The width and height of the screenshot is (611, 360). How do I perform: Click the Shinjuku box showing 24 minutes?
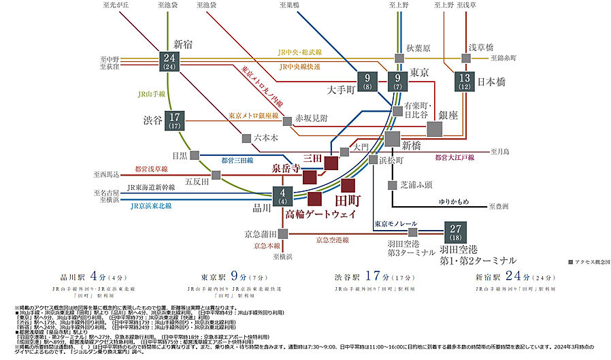click(x=170, y=61)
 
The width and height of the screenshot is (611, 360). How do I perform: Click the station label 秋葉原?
click(x=420, y=48)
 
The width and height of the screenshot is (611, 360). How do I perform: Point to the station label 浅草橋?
click(x=481, y=47)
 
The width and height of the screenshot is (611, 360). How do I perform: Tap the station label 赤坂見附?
click(x=312, y=118)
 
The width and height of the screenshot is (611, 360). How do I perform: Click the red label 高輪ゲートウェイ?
click(x=321, y=214)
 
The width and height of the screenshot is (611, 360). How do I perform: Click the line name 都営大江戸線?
click(x=454, y=157)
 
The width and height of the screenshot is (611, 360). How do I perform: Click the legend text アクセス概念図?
click(x=584, y=262)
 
